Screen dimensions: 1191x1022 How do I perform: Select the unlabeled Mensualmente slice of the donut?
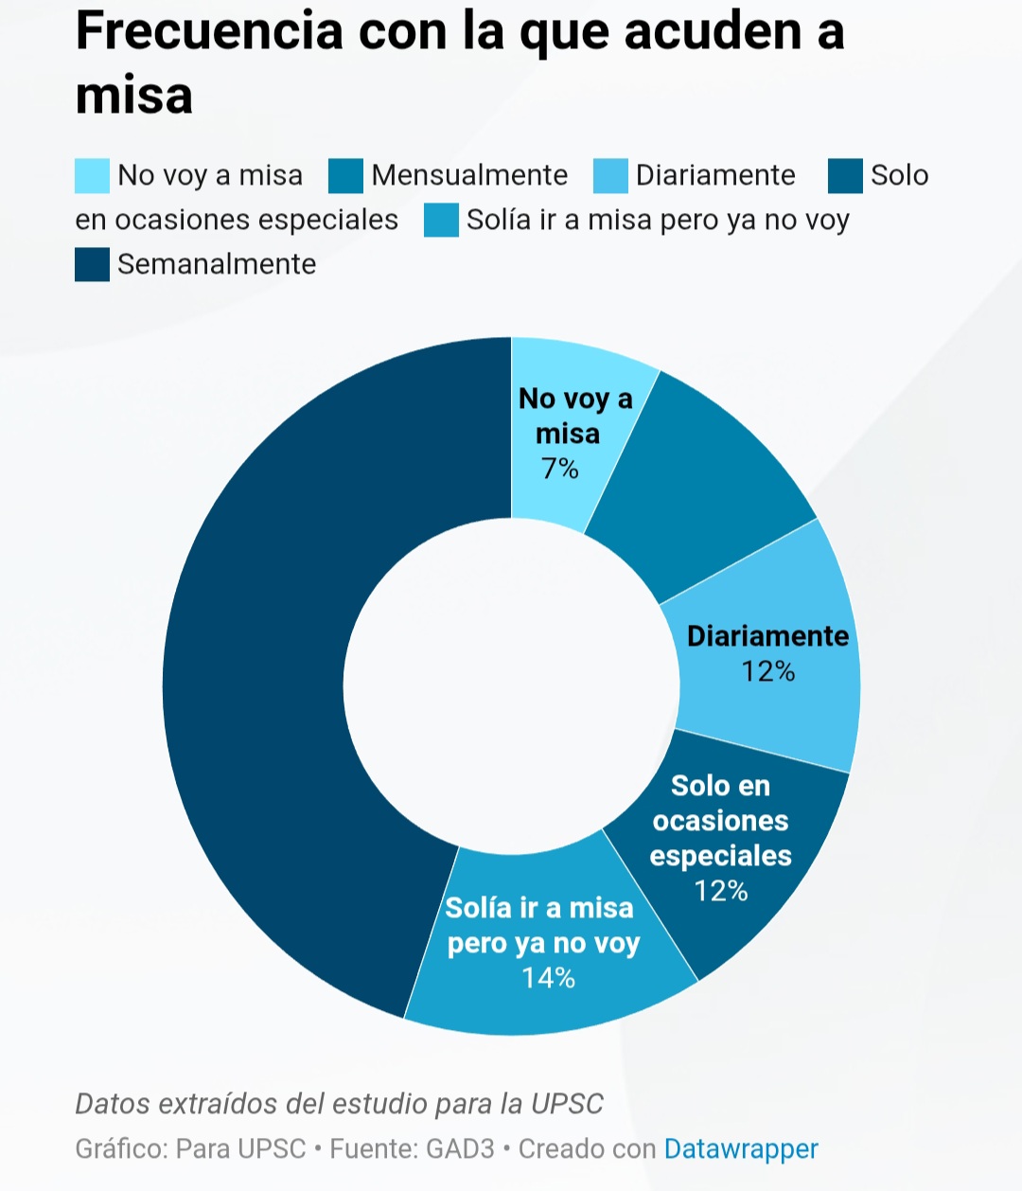click(705, 483)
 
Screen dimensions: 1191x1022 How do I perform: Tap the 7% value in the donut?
click(559, 468)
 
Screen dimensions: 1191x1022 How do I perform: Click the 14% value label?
click(549, 977)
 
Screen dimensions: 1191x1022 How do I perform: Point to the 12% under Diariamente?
click(767, 671)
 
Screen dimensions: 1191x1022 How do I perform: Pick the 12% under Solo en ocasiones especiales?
click(721, 891)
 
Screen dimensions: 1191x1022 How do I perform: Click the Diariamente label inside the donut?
click(767, 635)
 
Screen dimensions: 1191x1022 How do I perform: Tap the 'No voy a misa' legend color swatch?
click(92, 176)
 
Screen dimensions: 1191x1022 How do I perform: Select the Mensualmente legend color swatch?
click(346, 176)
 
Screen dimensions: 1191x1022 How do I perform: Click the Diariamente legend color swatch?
click(611, 176)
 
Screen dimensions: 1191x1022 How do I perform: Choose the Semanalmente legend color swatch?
click(92, 264)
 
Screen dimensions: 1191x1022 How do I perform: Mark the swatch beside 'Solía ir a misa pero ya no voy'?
click(441, 221)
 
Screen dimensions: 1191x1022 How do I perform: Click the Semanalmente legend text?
click(217, 264)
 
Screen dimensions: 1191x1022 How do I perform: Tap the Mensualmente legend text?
click(469, 175)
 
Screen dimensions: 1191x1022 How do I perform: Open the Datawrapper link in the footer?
click(741, 1148)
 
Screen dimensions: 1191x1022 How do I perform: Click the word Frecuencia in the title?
click(209, 30)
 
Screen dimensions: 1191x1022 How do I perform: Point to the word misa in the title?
click(133, 95)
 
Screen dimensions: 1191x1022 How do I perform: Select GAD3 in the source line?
click(460, 1148)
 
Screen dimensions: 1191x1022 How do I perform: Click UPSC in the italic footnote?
click(567, 1104)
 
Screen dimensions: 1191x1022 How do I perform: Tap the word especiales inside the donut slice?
click(720, 856)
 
